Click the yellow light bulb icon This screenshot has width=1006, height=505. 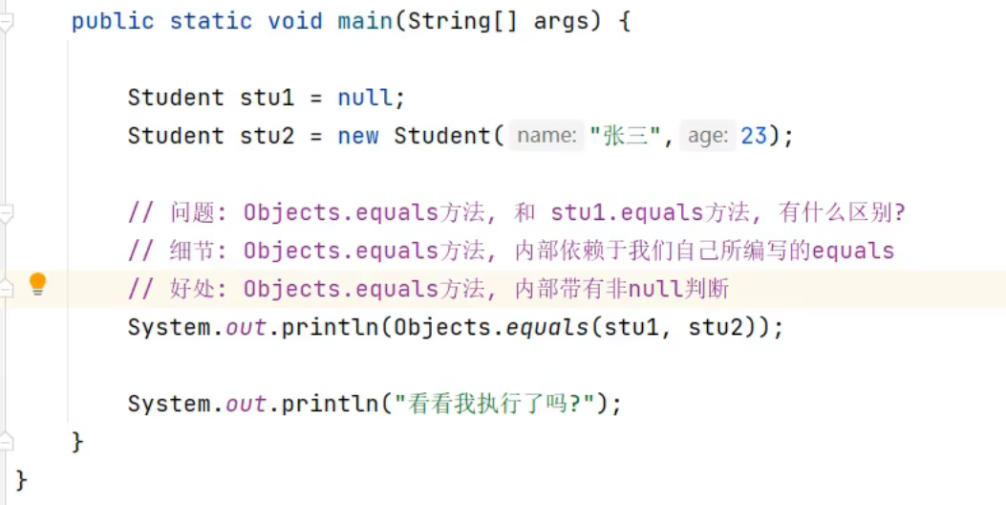[37, 284]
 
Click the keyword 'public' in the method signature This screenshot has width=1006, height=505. [113, 21]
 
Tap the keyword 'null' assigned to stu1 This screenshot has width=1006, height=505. [365, 98]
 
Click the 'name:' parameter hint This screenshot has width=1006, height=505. [546, 136]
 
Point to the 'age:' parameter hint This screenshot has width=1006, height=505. [708, 136]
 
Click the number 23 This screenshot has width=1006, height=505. [754, 136]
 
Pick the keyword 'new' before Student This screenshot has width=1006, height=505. [358, 136]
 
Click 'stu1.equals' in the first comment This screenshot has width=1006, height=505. [626, 212]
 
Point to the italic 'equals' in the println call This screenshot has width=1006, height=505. [546, 327]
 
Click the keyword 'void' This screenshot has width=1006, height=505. [295, 21]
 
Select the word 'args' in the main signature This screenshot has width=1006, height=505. [561, 21]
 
